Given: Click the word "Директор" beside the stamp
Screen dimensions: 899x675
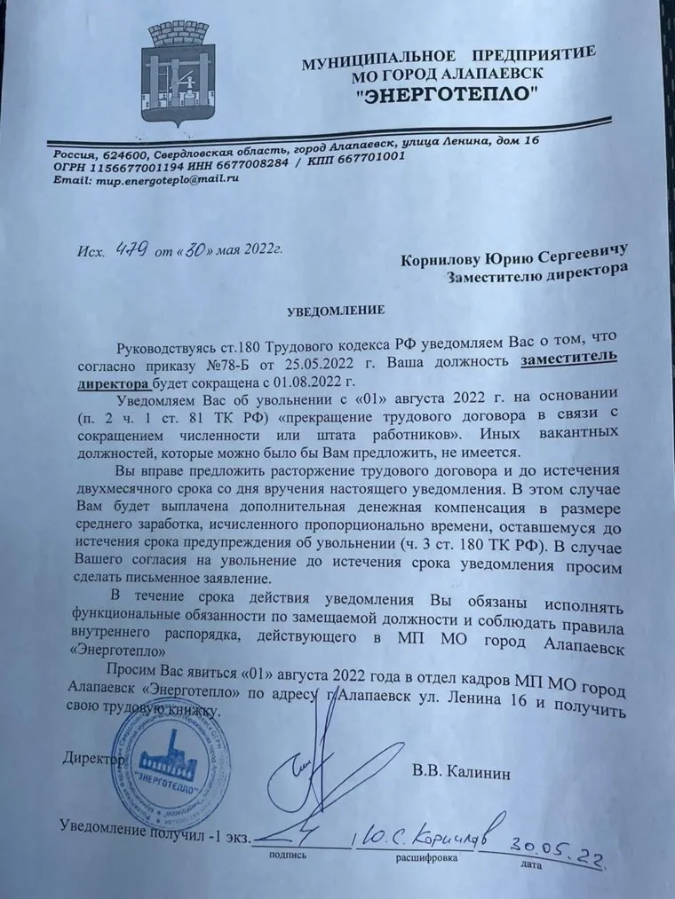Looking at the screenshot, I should pyautogui.click(x=90, y=760).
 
